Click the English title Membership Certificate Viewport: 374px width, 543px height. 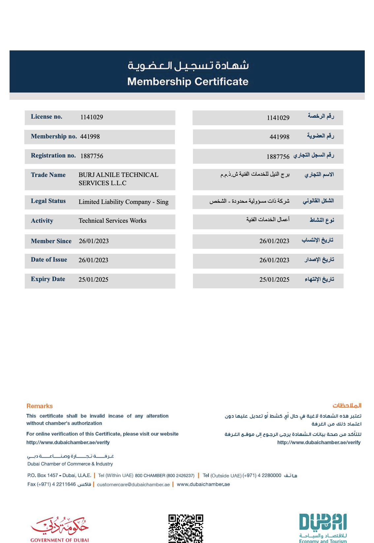click(188, 81)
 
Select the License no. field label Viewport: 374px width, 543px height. click(47, 117)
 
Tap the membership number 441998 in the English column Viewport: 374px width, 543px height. click(90, 136)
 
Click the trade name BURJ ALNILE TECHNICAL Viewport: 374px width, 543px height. click(118, 175)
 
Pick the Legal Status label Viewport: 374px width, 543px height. click(48, 201)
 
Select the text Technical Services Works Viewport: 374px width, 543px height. click(112, 221)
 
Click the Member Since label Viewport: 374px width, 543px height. click(51, 241)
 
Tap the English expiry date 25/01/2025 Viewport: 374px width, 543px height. click(93, 279)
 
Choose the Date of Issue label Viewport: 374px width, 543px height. click(49, 260)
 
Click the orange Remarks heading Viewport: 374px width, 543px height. click(40, 406)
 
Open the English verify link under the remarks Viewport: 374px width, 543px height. click(68, 443)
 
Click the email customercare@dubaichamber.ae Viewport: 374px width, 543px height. click(133, 484)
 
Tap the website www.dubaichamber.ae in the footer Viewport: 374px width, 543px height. click(203, 484)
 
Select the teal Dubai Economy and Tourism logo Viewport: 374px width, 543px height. click(323, 527)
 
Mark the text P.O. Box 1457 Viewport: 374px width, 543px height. click(43, 475)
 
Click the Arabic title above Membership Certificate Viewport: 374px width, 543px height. click(188, 65)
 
